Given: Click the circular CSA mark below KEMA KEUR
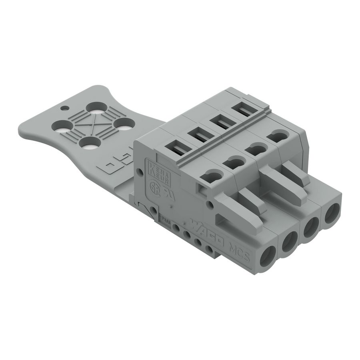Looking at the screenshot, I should click(153, 186).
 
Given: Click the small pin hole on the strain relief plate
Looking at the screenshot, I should click(64, 108).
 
